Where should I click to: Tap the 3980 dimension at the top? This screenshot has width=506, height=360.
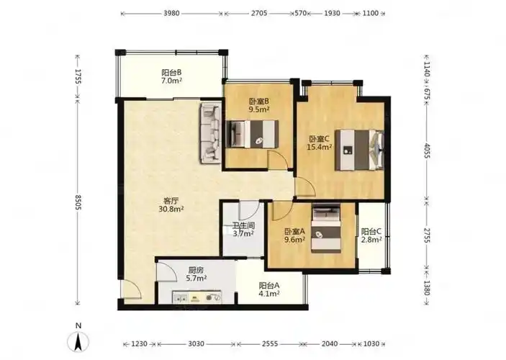tap(171, 14)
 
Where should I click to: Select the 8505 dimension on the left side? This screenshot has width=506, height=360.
tap(78, 202)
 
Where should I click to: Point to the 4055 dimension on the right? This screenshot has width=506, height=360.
tap(427, 150)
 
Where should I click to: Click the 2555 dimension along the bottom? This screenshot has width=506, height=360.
tap(270, 343)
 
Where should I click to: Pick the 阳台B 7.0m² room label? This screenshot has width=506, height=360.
tap(171, 76)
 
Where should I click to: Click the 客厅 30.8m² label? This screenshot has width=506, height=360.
tap(171, 204)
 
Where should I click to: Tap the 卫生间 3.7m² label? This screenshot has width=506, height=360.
tap(243, 229)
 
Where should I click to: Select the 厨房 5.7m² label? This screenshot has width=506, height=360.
tap(196, 274)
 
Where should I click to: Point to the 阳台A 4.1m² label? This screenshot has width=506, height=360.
tap(269, 289)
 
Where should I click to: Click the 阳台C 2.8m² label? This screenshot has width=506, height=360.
tap(371, 235)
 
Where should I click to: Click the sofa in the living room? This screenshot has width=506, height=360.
tap(211, 133)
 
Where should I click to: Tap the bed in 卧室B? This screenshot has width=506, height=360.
tap(252, 134)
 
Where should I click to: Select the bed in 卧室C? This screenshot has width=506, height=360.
tap(359, 150)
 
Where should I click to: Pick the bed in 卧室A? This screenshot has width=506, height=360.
tap(326, 228)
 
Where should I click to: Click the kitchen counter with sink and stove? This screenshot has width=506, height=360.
tap(196, 297)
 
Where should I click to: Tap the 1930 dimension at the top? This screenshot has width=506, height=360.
tap(332, 14)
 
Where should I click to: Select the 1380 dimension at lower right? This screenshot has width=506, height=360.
tap(427, 288)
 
